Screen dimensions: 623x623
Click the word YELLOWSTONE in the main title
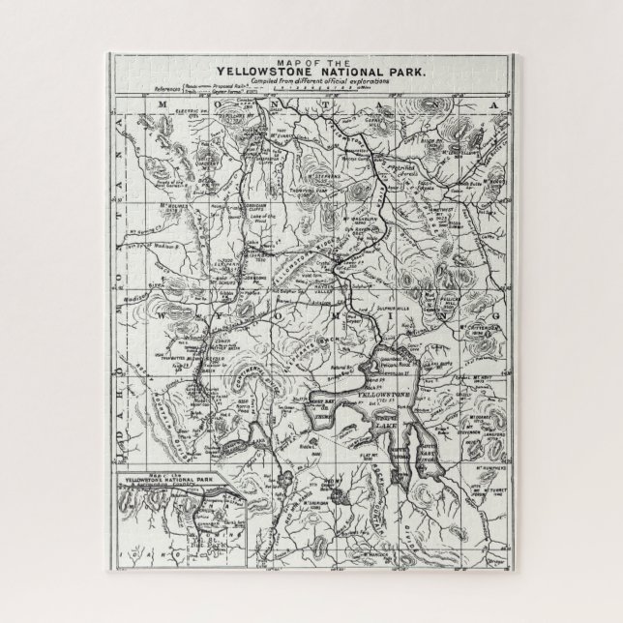[261, 71]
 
